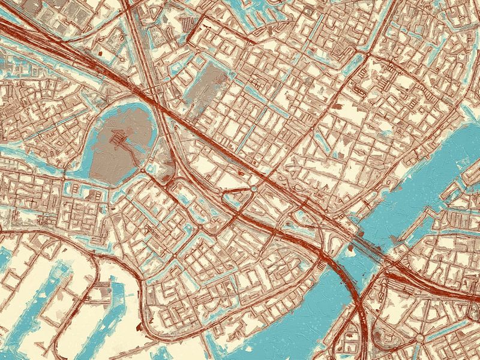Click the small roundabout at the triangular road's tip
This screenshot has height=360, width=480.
point(254,189)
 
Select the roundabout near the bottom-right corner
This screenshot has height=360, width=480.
point(419,338)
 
